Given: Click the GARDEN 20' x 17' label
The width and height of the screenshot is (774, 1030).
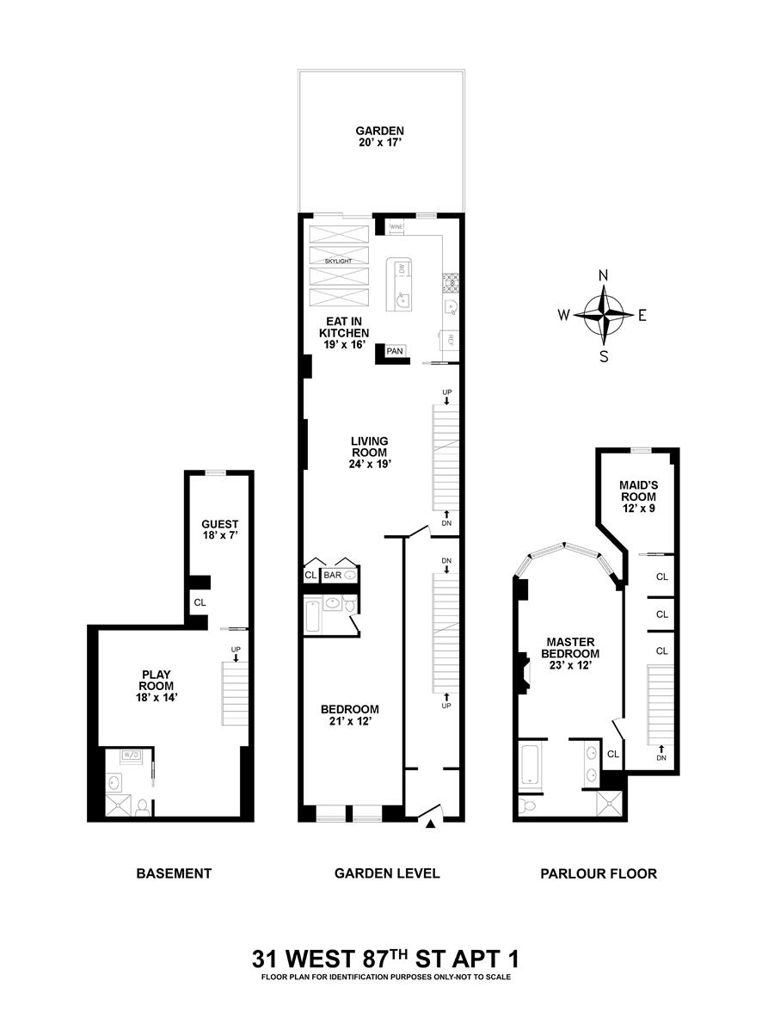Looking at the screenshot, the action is coord(379,136).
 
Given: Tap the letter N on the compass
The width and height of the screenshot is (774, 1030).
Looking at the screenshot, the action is coord(604,276).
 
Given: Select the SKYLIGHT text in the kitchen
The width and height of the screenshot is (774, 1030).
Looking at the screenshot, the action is coord(338,261).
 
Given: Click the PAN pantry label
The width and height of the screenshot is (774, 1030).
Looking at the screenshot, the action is coord(395,351).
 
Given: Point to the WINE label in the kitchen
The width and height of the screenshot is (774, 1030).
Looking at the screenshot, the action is coord(396,226).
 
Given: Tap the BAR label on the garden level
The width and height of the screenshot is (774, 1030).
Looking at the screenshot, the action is coord(332,575).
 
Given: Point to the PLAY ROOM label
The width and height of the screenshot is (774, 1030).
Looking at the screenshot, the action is coord(157,686).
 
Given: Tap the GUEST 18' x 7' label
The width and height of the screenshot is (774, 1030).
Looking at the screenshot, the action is coord(219,529).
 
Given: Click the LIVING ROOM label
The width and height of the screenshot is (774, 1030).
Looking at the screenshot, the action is coord(370,453).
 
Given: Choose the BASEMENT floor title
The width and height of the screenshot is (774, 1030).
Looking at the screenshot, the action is coord(174,873).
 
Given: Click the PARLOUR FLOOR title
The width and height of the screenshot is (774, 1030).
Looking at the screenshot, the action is coord(599,873).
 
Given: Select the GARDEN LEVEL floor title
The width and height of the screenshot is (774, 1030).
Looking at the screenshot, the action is coord(387,873).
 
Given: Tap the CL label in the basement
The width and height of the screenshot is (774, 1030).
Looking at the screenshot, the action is coord(200,601).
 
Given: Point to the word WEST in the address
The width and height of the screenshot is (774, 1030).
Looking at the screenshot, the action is coord(321,959).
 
